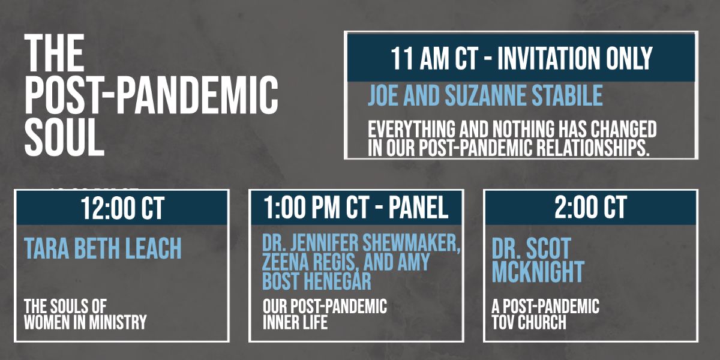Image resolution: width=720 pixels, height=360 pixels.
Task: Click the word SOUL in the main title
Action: click(x=64, y=137)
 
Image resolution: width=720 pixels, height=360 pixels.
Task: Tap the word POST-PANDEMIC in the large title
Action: click(x=151, y=95)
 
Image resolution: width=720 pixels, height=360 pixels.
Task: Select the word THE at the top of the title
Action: click(x=55, y=53)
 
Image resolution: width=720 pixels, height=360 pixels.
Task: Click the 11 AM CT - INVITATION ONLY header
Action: click(x=521, y=58)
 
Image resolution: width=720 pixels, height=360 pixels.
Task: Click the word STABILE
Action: click(x=568, y=95)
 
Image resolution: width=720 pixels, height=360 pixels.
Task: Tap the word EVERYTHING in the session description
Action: click(x=412, y=129)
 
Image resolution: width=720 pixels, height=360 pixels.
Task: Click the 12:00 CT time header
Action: click(x=122, y=208)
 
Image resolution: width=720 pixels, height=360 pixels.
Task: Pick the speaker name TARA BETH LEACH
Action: click(x=103, y=248)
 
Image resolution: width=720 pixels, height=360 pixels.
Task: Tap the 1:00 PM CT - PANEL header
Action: click(x=356, y=208)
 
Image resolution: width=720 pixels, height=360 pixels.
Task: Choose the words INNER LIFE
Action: click(x=295, y=322)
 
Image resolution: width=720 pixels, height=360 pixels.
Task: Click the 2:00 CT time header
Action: click(x=590, y=208)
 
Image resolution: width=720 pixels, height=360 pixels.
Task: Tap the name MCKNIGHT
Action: click(x=538, y=272)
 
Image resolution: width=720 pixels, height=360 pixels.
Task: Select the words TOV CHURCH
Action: click(x=529, y=322)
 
